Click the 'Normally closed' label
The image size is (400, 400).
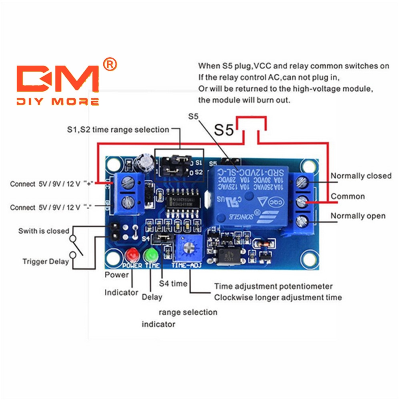(x=361, y=176)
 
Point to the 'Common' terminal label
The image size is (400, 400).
(x=348, y=196)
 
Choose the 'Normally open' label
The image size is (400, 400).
(x=358, y=216)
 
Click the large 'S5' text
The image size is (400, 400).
(x=224, y=130)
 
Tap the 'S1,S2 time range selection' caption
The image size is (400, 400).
(x=118, y=130)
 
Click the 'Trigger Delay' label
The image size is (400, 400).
(x=46, y=262)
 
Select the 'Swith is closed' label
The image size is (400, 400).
(x=44, y=231)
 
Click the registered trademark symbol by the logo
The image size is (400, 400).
(x=109, y=63)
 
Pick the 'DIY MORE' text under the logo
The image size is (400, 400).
(x=58, y=102)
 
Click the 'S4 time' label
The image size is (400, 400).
(x=173, y=284)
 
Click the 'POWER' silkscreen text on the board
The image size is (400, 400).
(x=132, y=265)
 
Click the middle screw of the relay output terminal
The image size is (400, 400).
(x=302, y=202)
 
